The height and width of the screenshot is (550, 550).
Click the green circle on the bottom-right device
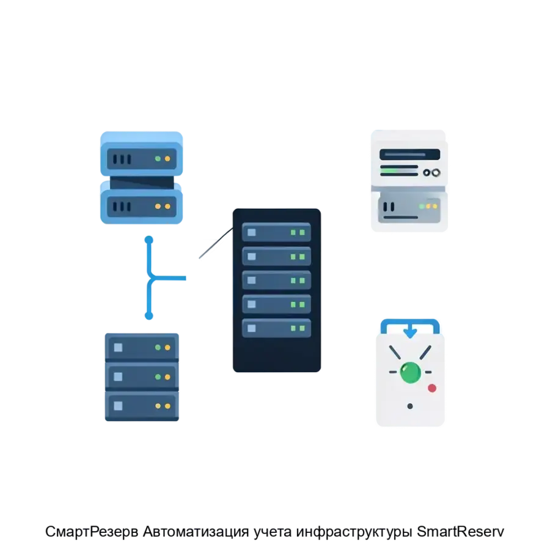(x=410, y=372)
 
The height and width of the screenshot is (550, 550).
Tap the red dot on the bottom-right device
(x=432, y=388)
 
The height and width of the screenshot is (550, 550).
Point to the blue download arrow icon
(x=410, y=331)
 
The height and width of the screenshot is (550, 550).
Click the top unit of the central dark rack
(x=276, y=232)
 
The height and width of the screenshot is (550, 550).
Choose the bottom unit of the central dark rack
(x=276, y=328)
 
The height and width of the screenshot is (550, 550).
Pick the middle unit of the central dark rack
(x=276, y=280)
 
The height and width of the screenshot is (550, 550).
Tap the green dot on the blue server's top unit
(x=158, y=159)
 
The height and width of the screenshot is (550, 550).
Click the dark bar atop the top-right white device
(x=409, y=154)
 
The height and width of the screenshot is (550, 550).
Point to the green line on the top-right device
(x=399, y=166)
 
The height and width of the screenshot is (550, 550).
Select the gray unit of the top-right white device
(x=409, y=208)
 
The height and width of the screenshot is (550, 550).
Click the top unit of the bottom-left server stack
(x=142, y=347)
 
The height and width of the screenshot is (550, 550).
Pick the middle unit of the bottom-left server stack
(x=142, y=376)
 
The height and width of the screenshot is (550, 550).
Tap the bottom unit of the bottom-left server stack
(x=142, y=405)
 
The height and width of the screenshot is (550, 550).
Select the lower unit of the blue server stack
(x=142, y=207)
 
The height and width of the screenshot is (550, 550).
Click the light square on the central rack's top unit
(x=252, y=232)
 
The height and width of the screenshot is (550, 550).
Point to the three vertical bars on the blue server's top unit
(x=122, y=159)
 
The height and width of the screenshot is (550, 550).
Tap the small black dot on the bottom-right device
(x=410, y=406)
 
